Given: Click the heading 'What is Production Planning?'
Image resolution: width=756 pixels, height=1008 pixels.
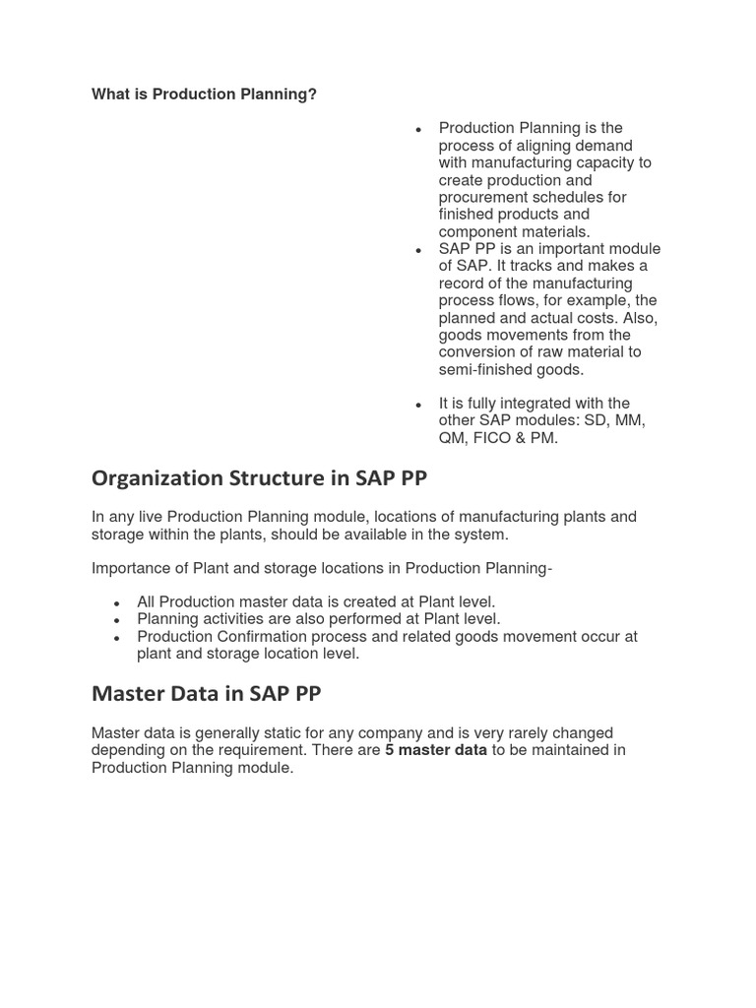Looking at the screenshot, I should [204, 94].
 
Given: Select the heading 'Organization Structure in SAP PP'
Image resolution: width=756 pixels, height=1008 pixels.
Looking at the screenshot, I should [259, 478].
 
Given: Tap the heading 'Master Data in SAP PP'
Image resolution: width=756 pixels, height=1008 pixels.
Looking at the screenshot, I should [206, 693].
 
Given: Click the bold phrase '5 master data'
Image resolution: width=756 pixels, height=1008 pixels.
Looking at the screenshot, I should [436, 750].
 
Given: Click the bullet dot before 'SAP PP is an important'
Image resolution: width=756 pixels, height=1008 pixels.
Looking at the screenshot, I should [418, 251].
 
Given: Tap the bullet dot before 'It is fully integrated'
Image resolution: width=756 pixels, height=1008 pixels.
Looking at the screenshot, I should [418, 405].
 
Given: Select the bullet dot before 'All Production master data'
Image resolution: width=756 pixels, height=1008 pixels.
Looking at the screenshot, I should [116, 603].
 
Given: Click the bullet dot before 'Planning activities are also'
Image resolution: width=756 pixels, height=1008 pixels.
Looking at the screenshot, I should [116, 620].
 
